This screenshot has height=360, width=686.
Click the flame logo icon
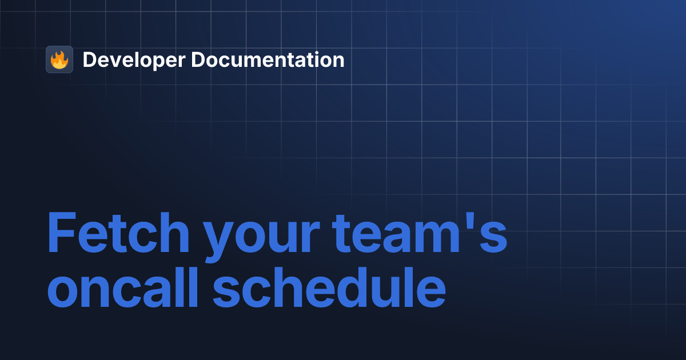tap(59, 59)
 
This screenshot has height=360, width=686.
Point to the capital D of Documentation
tap(198, 60)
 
